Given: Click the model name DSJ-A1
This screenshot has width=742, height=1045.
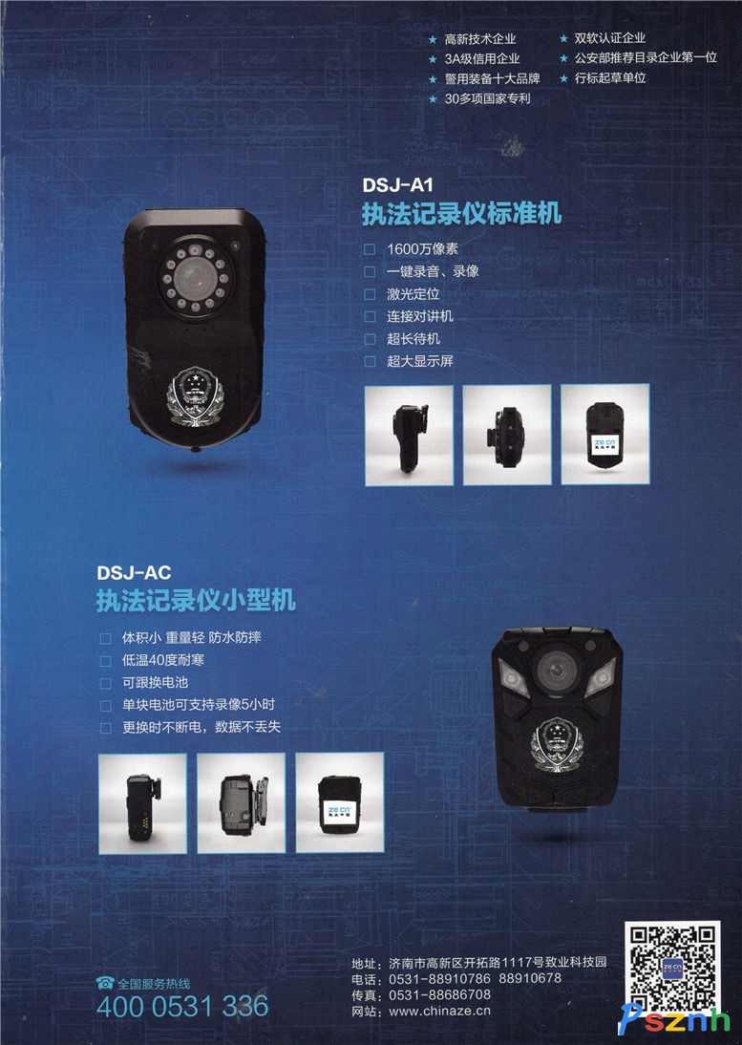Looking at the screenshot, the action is click(x=397, y=184).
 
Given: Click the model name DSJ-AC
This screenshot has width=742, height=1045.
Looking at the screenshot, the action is click(x=134, y=572).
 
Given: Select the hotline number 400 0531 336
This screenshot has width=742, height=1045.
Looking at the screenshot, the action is click(x=182, y=1007).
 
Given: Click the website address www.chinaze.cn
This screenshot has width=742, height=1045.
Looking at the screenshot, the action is click(x=439, y=1011).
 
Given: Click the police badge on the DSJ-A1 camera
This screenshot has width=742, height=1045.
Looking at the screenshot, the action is click(x=195, y=396).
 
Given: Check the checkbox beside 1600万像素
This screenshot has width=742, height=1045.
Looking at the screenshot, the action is click(x=370, y=249).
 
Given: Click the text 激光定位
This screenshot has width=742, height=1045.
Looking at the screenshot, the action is click(x=413, y=294).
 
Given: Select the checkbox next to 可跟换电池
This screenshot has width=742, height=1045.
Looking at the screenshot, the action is click(x=105, y=683).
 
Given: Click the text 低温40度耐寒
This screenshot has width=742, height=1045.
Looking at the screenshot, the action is click(x=162, y=660).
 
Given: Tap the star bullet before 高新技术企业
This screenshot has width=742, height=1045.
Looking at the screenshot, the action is click(x=433, y=40).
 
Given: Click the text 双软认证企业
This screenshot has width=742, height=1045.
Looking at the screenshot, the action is click(x=609, y=38).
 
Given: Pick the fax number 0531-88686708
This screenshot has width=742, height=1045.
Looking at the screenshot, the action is click(x=439, y=995).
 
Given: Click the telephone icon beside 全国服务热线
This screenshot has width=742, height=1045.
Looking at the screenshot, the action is click(x=105, y=982).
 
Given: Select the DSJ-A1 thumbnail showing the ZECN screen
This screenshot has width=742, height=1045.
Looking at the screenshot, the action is click(x=604, y=434).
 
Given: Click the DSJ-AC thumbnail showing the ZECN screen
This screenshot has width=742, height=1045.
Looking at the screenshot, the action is click(x=340, y=803).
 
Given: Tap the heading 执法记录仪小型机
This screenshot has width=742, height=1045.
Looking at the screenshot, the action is click(x=196, y=601).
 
